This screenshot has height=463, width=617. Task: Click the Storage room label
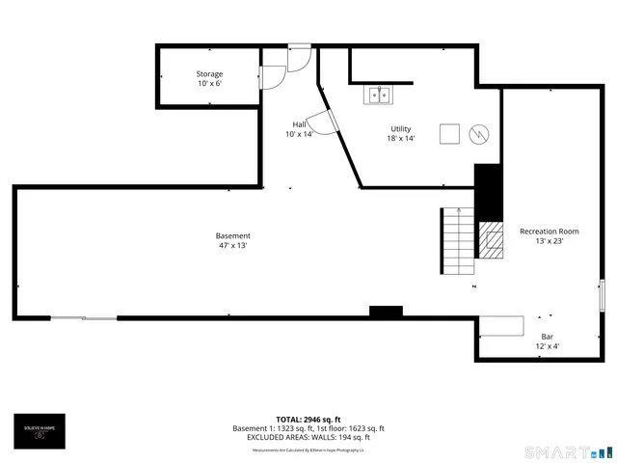[209, 74]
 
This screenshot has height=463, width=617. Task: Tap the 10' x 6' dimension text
[209, 84]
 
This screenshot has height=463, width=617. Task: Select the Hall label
[300, 124]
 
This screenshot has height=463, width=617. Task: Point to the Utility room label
[400, 128]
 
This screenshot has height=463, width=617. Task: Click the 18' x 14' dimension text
[400, 139]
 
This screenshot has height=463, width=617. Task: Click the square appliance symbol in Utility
[449, 134]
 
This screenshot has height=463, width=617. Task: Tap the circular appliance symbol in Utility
[479, 135]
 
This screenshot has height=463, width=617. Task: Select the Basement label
[232, 235]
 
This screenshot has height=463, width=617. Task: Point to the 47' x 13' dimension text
[232, 246]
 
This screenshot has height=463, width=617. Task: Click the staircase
[458, 241]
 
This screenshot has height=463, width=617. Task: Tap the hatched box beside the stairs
[492, 241]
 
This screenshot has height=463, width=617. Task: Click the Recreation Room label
[549, 231]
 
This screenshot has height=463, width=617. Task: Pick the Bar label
[546, 337]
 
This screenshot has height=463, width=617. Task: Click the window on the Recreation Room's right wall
[602, 294]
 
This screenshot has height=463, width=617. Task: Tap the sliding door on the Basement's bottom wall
[83, 317]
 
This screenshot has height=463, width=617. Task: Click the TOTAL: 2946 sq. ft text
[308, 420]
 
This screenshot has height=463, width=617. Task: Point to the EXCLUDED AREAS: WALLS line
[308, 437]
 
